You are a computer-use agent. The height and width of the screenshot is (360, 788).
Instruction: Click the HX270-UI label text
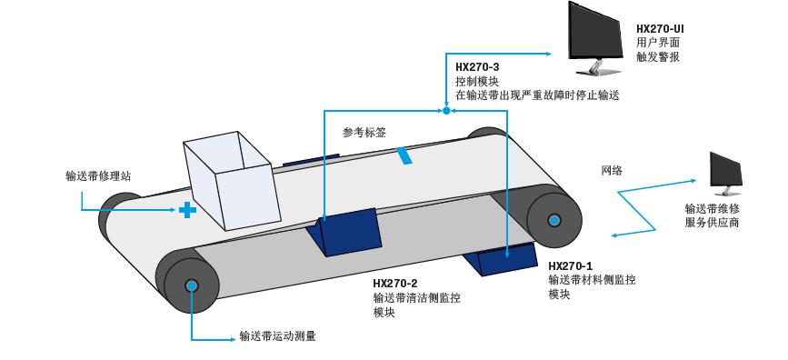(660, 28)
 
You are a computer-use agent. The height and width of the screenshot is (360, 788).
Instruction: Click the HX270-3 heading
(477, 66)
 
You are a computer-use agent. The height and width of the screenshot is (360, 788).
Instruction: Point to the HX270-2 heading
(395, 283)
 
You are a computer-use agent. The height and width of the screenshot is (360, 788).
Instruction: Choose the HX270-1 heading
(570, 265)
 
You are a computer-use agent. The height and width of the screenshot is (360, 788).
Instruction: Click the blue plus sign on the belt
(187, 210)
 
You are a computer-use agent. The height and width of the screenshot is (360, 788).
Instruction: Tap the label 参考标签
(364, 132)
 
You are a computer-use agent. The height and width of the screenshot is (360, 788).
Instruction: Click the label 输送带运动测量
(277, 335)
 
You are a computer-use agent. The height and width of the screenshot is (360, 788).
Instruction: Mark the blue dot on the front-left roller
(192, 285)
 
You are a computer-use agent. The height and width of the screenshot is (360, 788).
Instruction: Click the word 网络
(612, 170)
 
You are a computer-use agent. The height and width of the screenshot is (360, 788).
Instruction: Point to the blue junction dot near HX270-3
(446, 111)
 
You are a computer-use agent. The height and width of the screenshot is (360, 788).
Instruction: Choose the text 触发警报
(658, 56)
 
